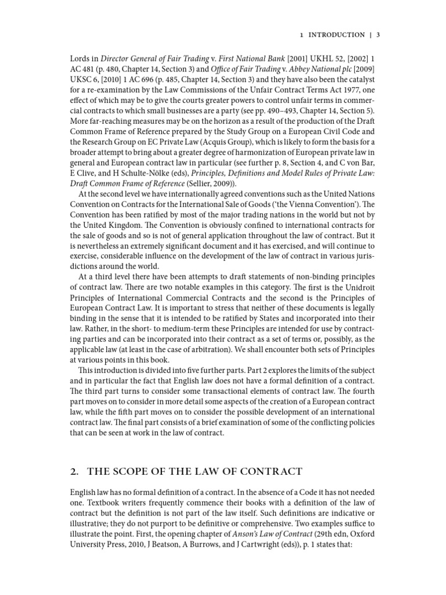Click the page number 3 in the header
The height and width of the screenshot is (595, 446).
click(x=378, y=35)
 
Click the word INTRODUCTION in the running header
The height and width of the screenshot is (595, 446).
click(x=336, y=35)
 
